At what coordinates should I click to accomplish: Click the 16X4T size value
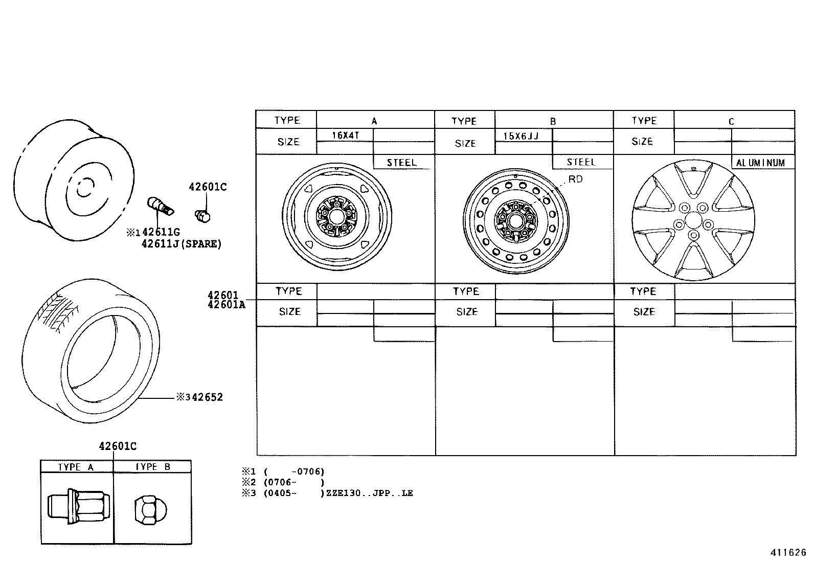click(346, 136)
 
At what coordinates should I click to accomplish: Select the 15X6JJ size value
click(521, 136)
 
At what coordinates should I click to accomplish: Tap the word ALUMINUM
click(760, 163)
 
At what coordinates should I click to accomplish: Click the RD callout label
click(575, 179)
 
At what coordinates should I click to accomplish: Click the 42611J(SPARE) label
click(181, 244)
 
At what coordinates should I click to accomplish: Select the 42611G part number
click(161, 233)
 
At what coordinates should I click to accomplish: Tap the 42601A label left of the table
click(226, 305)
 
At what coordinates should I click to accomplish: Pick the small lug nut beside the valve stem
click(202, 216)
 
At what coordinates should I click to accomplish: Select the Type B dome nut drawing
click(151, 509)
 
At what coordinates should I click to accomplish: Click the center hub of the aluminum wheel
click(693, 220)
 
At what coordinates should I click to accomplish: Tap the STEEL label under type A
click(401, 163)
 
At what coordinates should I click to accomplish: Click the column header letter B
click(553, 122)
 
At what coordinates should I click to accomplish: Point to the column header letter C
click(731, 122)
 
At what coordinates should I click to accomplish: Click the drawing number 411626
click(788, 553)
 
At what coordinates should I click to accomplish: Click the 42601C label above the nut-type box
click(118, 446)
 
